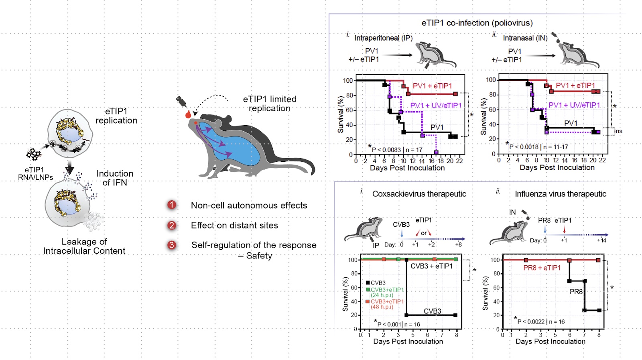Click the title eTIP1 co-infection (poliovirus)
click(x=477, y=23)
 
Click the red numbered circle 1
click(x=172, y=205)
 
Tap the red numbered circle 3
click(x=172, y=245)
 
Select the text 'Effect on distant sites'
click(x=234, y=226)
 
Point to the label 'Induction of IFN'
click(x=115, y=178)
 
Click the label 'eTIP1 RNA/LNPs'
click(x=35, y=173)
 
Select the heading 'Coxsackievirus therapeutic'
click(x=419, y=194)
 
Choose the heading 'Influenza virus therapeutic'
click(x=560, y=194)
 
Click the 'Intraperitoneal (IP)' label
click(x=383, y=38)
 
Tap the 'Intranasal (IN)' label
click(x=525, y=38)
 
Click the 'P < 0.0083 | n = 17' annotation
click(x=397, y=150)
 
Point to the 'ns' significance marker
click(x=619, y=131)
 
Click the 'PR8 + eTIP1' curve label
click(x=542, y=268)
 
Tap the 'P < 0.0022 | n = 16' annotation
click(x=540, y=321)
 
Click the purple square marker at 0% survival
click(x=436, y=153)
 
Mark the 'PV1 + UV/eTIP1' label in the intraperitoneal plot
click(x=435, y=106)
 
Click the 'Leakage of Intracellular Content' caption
click(x=84, y=246)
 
